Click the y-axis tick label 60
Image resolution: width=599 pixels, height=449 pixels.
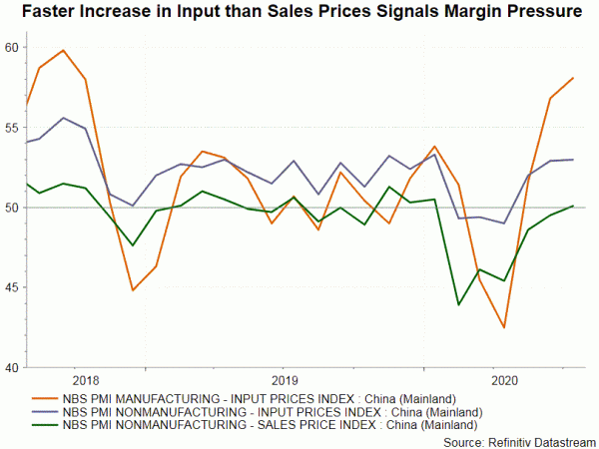[x=11, y=48]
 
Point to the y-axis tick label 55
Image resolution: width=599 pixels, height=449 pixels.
[x=11, y=128]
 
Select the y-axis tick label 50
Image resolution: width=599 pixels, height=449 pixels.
[x=11, y=208]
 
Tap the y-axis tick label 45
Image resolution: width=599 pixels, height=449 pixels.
[x=11, y=287]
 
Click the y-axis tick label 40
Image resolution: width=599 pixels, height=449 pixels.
[x=11, y=367]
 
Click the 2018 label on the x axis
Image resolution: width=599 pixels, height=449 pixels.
[x=87, y=380]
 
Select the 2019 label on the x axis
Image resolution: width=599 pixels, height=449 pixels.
[x=286, y=380]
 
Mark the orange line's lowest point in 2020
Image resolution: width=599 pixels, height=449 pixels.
[x=504, y=327]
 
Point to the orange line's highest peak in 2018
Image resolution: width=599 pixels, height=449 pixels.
[x=64, y=50]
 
